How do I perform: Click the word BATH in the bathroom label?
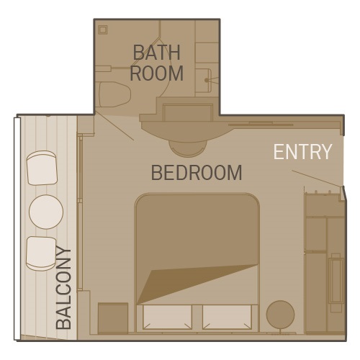point(156,53)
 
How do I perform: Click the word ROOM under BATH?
point(156,73)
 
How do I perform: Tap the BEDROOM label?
point(197,173)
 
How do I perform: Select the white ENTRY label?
point(302,152)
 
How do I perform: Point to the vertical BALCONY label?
point(63,288)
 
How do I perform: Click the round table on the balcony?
point(46,212)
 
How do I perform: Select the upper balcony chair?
point(42,168)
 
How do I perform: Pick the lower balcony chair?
point(41,253)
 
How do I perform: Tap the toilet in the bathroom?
point(114,94)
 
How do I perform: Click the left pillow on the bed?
point(167,317)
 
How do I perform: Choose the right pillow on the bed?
point(227,317)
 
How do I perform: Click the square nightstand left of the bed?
point(113,318)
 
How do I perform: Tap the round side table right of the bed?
point(280,315)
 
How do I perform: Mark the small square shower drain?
point(103,30)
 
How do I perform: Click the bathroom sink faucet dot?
point(207,80)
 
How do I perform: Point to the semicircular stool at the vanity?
point(187,149)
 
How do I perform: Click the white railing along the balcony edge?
point(17,228)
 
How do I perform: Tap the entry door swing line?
point(316,179)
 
